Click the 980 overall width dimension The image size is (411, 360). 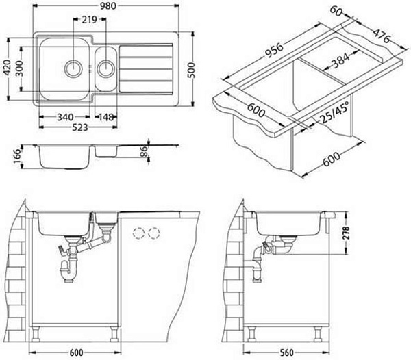(108, 5)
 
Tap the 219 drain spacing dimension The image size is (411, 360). (89, 19)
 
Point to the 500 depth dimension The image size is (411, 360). (192, 70)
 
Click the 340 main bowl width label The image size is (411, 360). (65, 117)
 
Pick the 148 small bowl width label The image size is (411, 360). (106, 117)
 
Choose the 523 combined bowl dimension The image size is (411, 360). (80, 127)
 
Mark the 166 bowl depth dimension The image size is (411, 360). (17, 156)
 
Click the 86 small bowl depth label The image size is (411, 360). (144, 151)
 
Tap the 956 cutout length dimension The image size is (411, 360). (274, 50)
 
